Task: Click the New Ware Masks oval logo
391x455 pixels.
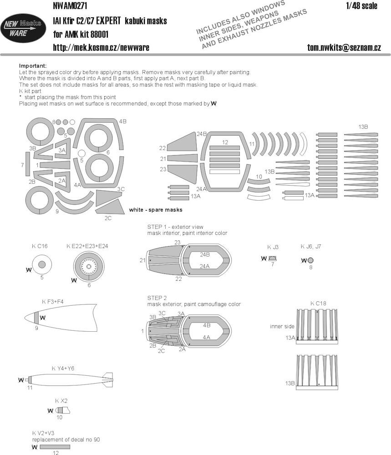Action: [x=23, y=28]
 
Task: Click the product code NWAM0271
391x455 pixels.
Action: [x=70, y=6]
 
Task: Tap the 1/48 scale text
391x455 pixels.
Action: [x=362, y=6]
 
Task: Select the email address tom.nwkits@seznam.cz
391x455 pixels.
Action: [x=344, y=48]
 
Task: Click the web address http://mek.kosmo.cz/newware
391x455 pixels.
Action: [x=101, y=48]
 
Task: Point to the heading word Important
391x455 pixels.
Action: [x=32, y=66]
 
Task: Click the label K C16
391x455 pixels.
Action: [x=40, y=246]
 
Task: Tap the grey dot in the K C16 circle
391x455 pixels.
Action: [x=42, y=264]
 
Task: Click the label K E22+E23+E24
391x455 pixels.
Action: [x=87, y=246]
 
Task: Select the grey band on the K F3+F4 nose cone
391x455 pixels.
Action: [x=36, y=318]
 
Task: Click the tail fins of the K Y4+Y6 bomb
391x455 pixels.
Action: [x=108, y=380]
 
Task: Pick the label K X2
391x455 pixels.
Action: [x=61, y=401]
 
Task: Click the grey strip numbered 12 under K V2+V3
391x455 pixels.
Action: [x=55, y=447]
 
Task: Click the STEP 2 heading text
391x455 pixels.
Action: [x=157, y=298]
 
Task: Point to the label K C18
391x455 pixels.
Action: [x=318, y=303]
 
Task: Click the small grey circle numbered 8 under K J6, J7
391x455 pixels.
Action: [x=310, y=260]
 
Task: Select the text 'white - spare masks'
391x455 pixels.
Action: [x=156, y=209]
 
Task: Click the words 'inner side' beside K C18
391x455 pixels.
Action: [x=282, y=326]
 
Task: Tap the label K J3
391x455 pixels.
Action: [x=273, y=247]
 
